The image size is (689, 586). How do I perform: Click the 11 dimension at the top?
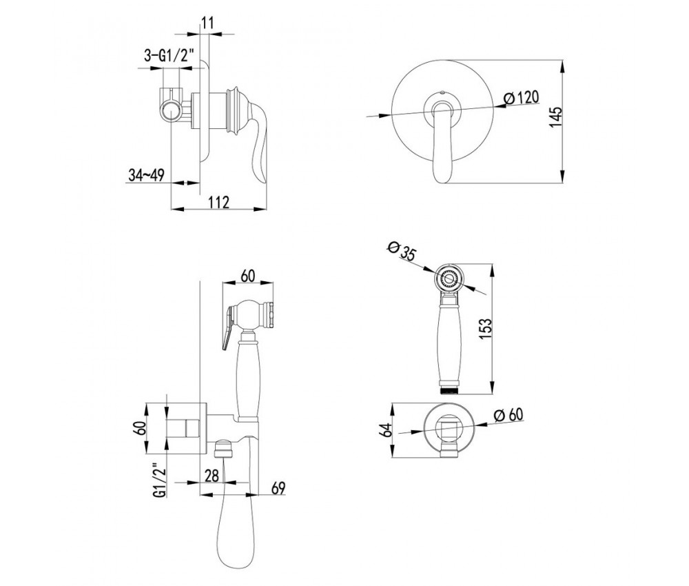pyautogui.click(x=208, y=23)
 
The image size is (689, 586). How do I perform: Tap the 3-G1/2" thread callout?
pyautogui.click(x=169, y=55)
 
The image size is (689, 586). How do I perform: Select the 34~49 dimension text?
pyautogui.click(x=146, y=175)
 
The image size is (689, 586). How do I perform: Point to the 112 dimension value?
pyautogui.click(x=218, y=202)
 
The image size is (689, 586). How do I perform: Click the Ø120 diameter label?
pyautogui.click(x=521, y=98)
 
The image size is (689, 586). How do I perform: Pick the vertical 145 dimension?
pyautogui.click(x=555, y=117)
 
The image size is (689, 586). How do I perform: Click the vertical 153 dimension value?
pyautogui.click(x=486, y=329)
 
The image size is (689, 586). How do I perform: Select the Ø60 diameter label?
pyautogui.click(x=508, y=414)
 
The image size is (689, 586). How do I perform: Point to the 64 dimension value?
pyautogui.click(x=385, y=430)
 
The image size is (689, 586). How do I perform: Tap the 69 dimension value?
pyautogui.click(x=278, y=488)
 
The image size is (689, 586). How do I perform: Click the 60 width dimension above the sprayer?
pyautogui.click(x=248, y=276)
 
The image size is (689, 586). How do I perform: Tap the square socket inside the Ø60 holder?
pyautogui.click(x=449, y=428)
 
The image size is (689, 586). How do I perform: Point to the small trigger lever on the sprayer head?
pyautogui.click(x=227, y=328)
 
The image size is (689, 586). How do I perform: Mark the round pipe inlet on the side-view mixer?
pyautogui.click(x=170, y=111)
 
